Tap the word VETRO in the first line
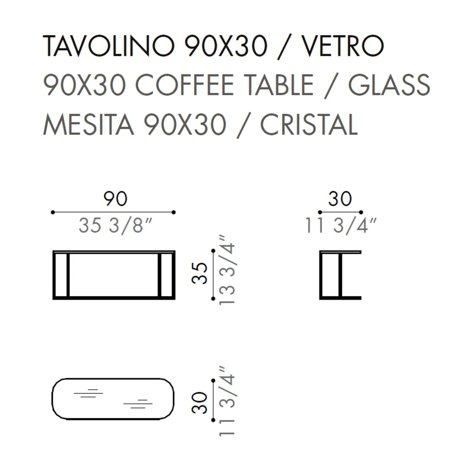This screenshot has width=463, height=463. pyautogui.click(x=343, y=46)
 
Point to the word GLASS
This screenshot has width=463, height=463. pyautogui.click(x=389, y=85)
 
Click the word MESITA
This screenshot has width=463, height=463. pyautogui.click(x=88, y=124)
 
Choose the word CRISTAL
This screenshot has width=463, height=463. pyautogui.click(x=309, y=124)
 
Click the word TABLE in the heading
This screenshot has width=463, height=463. pyautogui.click(x=279, y=85)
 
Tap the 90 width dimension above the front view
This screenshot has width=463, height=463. pyautogui.click(x=115, y=199)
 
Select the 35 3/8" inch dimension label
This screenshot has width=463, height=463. pyautogui.click(x=115, y=225)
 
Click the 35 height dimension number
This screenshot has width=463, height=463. pyautogui.click(x=199, y=273)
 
